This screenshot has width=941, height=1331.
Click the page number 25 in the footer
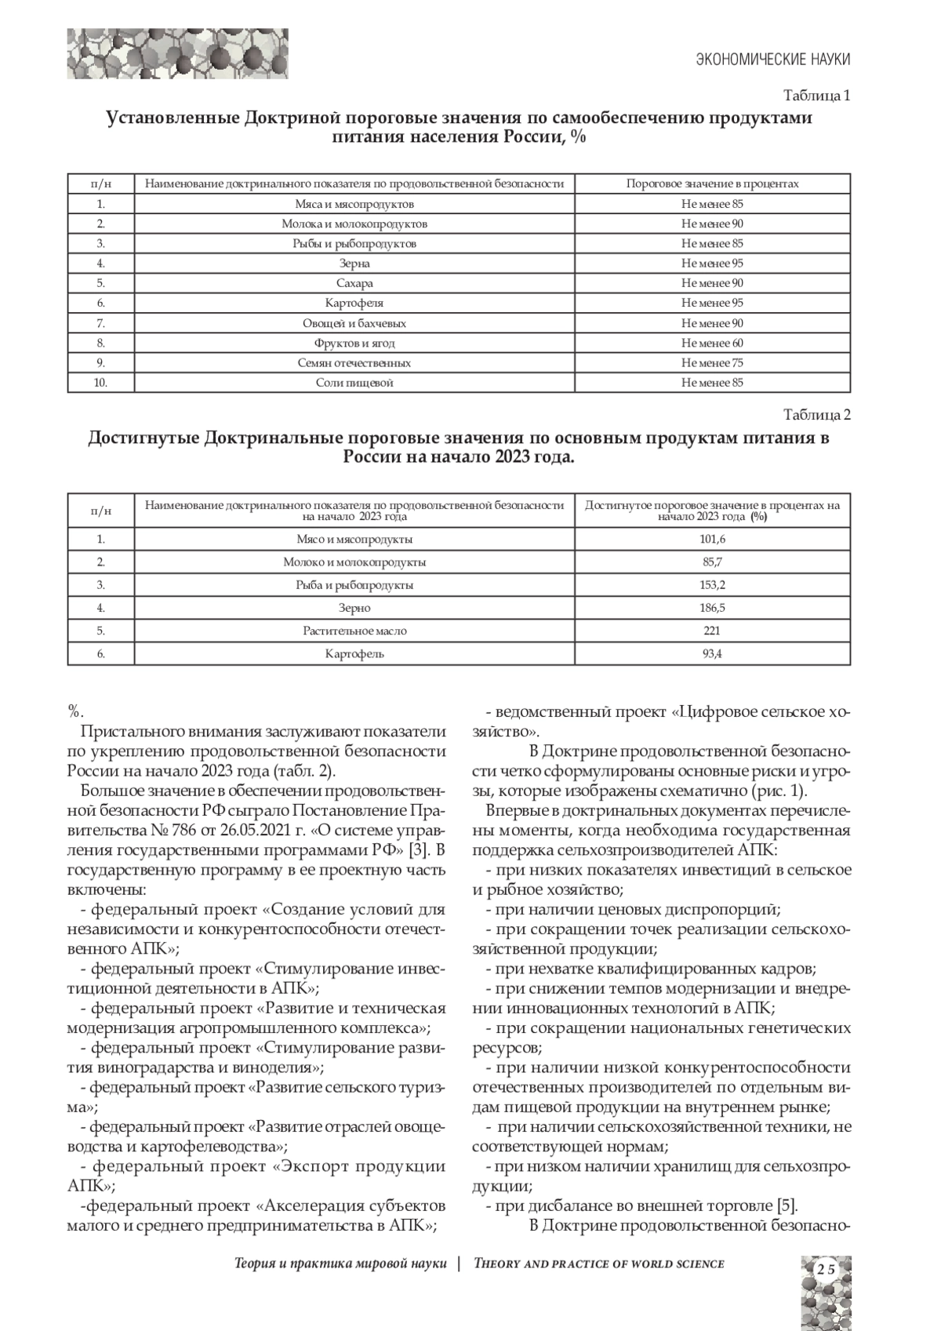click(x=825, y=1269)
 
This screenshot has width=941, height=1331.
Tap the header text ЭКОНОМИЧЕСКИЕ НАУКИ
click(x=773, y=60)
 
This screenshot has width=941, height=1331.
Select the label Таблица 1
click(x=817, y=96)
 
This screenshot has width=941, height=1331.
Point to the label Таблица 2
click(x=817, y=415)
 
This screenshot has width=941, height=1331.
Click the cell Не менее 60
click(x=712, y=343)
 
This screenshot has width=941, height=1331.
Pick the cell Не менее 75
click(x=712, y=362)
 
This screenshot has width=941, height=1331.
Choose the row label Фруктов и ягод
click(x=354, y=343)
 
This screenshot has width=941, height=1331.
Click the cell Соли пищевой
click(x=354, y=383)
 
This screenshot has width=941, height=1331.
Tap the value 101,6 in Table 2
click(x=712, y=539)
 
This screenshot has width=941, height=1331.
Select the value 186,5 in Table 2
click(x=712, y=608)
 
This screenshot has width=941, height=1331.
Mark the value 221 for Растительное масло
click(x=712, y=631)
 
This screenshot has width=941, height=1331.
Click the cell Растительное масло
click(x=354, y=631)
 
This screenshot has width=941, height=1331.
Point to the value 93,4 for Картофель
click(x=712, y=653)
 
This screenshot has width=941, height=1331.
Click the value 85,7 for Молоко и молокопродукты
click(x=712, y=562)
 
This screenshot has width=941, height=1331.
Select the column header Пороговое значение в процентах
click(x=712, y=184)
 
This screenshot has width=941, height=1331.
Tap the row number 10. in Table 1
click(x=100, y=383)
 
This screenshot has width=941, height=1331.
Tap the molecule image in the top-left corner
click(x=177, y=53)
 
